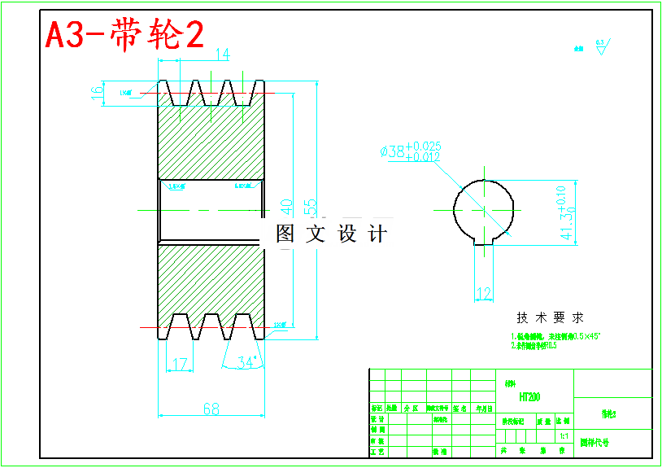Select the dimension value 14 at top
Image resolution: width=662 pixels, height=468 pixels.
(221, 55)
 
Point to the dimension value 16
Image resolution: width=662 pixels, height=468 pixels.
(97, 92)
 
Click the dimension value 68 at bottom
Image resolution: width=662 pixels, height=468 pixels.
(211, 409)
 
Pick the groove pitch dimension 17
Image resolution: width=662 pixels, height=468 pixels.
(181, 364)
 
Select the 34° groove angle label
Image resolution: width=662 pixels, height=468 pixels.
(246, 362)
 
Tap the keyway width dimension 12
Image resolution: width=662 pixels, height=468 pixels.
(484, 293)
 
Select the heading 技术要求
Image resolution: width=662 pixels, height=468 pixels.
(550, 317)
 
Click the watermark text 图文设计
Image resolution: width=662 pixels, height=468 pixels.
(331, 234)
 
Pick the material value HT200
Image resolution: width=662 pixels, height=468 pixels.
(529, 397)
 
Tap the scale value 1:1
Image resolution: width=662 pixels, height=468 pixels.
(563, 435)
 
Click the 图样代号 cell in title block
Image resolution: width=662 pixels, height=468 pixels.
(594, 444)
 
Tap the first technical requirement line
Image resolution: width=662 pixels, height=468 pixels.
(555, 335)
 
